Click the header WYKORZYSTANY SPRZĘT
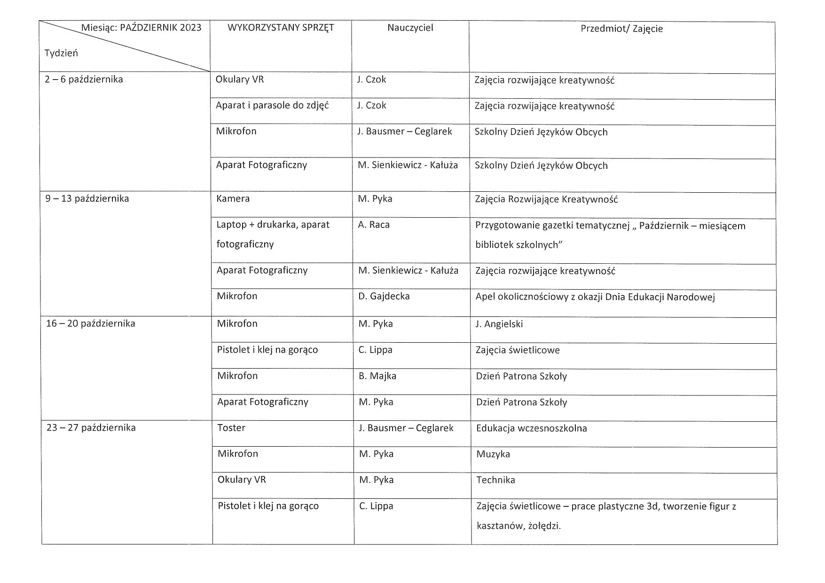[281, 28]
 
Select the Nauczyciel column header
[410, 28]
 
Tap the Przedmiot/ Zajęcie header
[621, 29]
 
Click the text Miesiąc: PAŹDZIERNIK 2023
[141, 28]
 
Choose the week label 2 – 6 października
[84, 79]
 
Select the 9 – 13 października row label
[87, 198]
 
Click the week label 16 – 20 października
[91, 323]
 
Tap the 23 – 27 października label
[91, 428]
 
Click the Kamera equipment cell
[233, 199]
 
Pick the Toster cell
[231, 428]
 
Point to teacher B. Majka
[377, 376]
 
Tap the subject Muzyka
[493, 454]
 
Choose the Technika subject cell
[496, 480]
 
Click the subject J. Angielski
[499, 324]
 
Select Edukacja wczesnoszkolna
[532, 428]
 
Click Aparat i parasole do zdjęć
[272, 105]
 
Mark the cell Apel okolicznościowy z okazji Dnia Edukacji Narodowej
[595, 297]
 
